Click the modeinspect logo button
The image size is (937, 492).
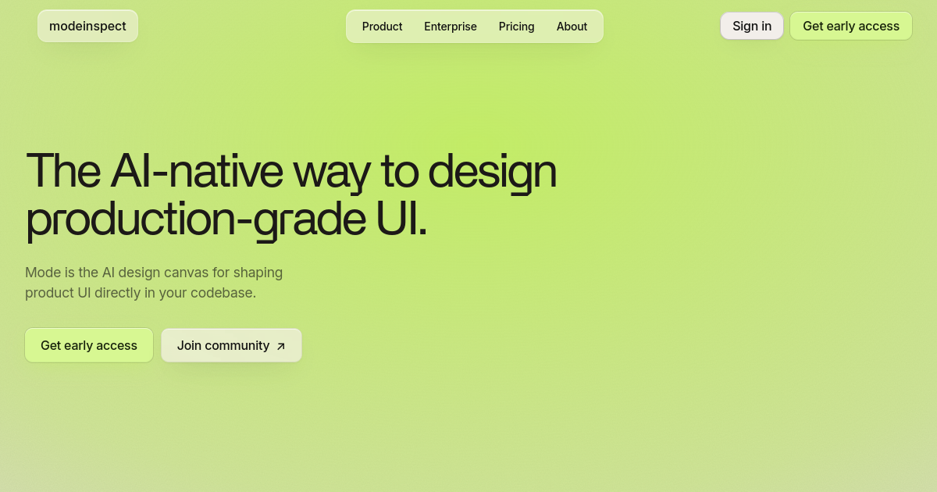[87, 26]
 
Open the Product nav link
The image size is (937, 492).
[382, 27]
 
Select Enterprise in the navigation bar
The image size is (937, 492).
[450, 27]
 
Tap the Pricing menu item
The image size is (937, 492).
[516, 27]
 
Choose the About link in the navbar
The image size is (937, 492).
[572, 27]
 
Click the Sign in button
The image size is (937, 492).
[752, 26]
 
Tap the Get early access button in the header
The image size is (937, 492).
[851, 26]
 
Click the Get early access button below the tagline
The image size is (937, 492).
[89, 345]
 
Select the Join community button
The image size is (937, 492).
[231, 345]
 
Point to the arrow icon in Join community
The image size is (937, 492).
[280, 346]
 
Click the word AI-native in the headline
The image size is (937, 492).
[196, 171]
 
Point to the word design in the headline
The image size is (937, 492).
[493, 173]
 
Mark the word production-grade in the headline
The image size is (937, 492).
[196, 220]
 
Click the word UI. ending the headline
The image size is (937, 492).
[401, 219]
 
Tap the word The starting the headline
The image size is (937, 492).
[63, 171]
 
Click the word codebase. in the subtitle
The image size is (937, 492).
[223, 292]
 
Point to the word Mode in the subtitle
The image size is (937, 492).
[43, 273]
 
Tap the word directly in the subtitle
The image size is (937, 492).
[118, 293]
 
